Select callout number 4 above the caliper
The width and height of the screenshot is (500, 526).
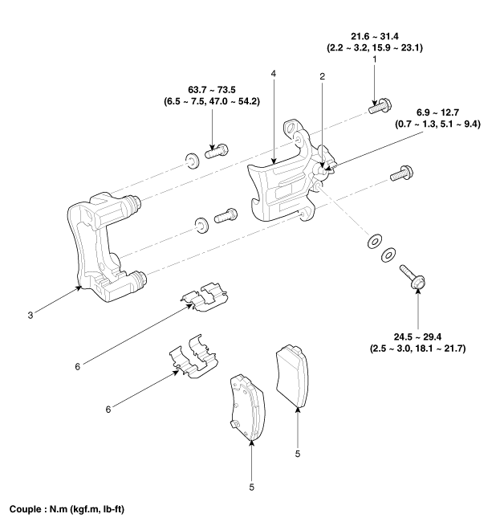(x=275, y=73)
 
